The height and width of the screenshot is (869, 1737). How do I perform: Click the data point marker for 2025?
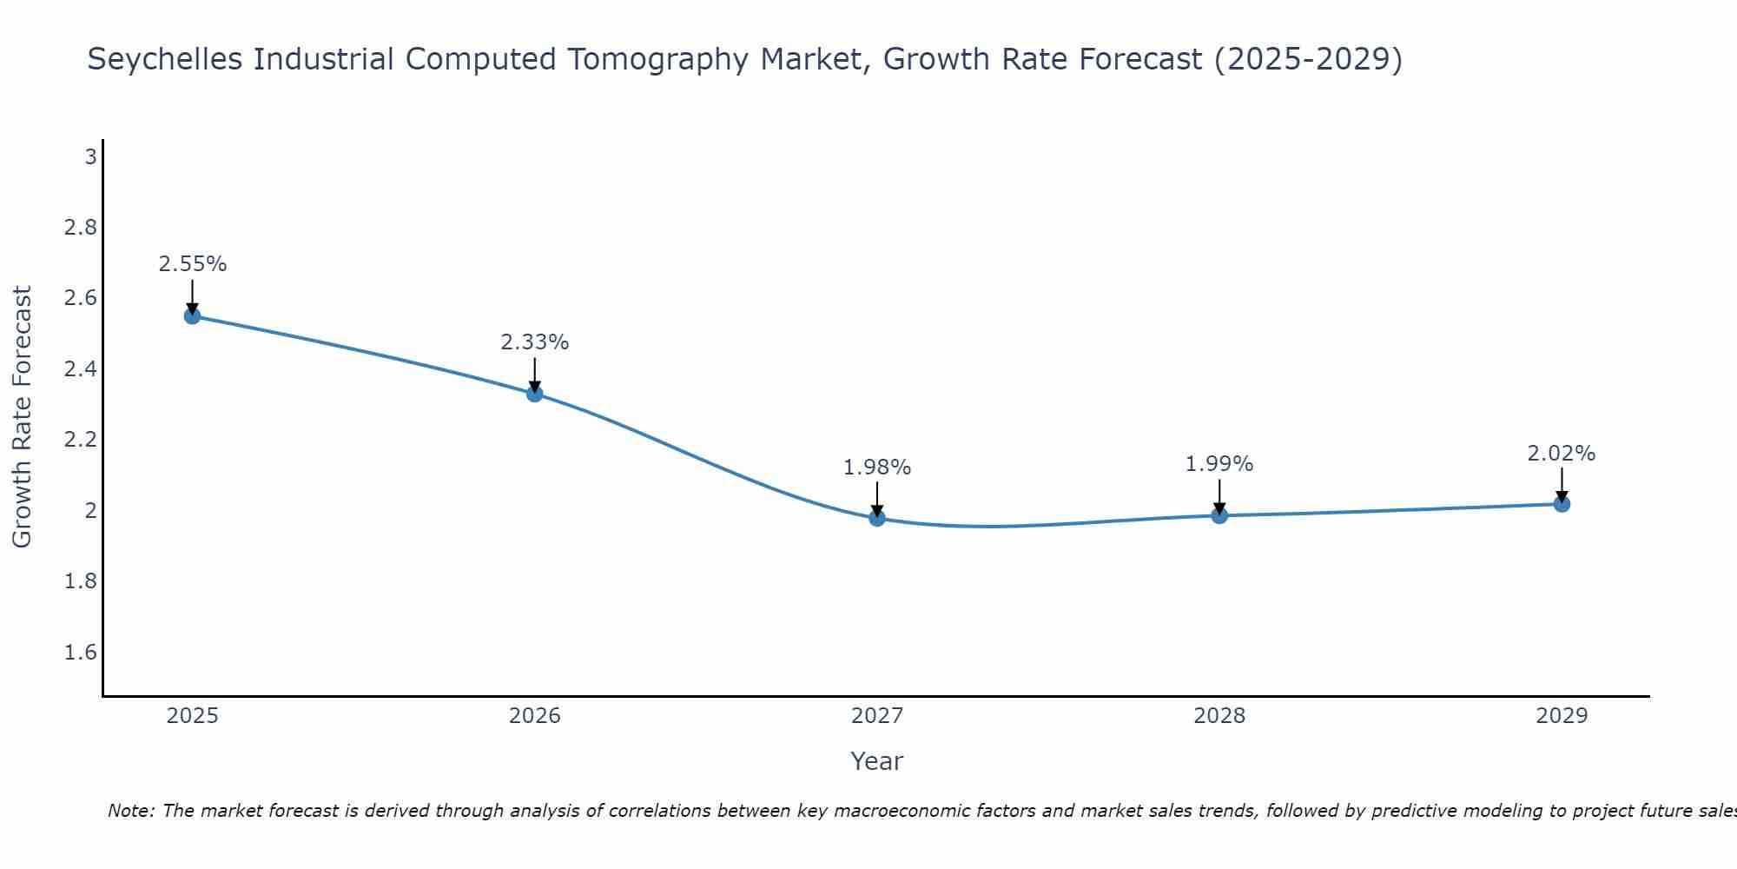[193, 315]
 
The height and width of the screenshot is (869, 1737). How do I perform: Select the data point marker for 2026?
[535, 394]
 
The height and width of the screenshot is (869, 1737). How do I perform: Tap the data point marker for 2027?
[877, 518]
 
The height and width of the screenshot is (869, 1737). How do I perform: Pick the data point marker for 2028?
[1219, 515]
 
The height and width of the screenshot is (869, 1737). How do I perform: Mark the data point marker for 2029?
[1562, 504]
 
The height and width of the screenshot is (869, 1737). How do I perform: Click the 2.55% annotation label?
[193, 264]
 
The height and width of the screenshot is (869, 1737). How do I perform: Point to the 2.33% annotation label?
[535, 342]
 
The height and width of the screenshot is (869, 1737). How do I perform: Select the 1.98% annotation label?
[877, 468]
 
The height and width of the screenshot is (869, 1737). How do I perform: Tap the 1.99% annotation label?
[1219, 464]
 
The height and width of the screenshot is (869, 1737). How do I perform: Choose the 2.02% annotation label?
[1562, 454]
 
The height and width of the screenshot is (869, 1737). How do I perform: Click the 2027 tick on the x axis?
[877, 716]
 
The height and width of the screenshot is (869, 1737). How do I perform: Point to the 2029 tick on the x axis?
[1562, 716]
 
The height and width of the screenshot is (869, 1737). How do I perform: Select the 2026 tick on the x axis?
[535, 716]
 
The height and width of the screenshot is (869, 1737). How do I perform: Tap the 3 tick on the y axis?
[90, 157]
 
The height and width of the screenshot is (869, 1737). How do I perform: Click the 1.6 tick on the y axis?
[81, 653]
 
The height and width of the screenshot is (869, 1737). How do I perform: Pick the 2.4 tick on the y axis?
[81, 369]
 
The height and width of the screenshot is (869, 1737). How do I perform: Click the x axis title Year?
[877, 761]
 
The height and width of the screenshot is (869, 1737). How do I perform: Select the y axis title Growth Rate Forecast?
[23, 417]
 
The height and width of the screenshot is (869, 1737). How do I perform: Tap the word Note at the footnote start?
[130, 811]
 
